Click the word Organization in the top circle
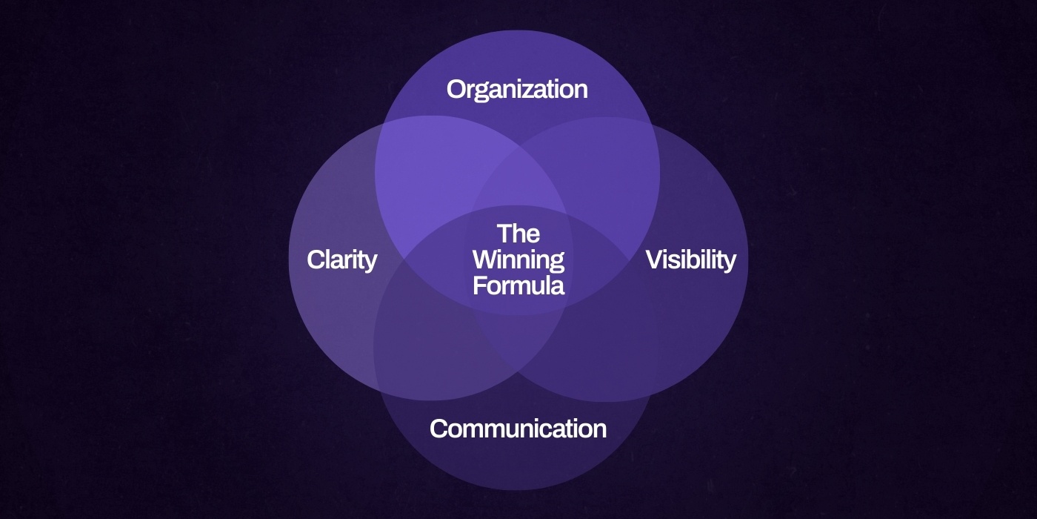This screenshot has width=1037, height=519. [517, 90]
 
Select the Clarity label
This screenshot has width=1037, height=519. [341, 260]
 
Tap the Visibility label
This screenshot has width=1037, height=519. [690, 260]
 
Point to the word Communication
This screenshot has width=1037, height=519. [518, 429]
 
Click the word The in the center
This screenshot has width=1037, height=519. [518, 234]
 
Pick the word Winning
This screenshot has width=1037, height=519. [518, 260]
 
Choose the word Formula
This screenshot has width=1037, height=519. [518, 285]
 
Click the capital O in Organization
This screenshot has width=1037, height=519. [456, 90]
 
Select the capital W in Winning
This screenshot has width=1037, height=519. [485, 260]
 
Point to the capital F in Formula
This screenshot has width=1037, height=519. [479, 285]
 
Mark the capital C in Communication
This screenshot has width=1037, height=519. [439, 429]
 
